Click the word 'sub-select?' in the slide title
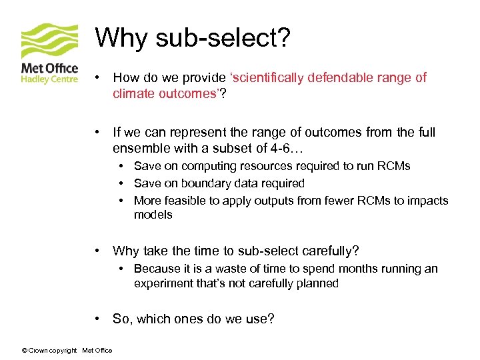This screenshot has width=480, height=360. pos(223,38)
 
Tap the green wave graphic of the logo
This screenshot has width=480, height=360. pos(50,42)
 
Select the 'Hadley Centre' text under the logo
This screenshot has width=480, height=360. pos(50,79)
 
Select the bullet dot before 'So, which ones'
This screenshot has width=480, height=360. pos(97,319)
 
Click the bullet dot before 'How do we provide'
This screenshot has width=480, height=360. pos(97,77)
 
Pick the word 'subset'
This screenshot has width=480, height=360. pos(251,147)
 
